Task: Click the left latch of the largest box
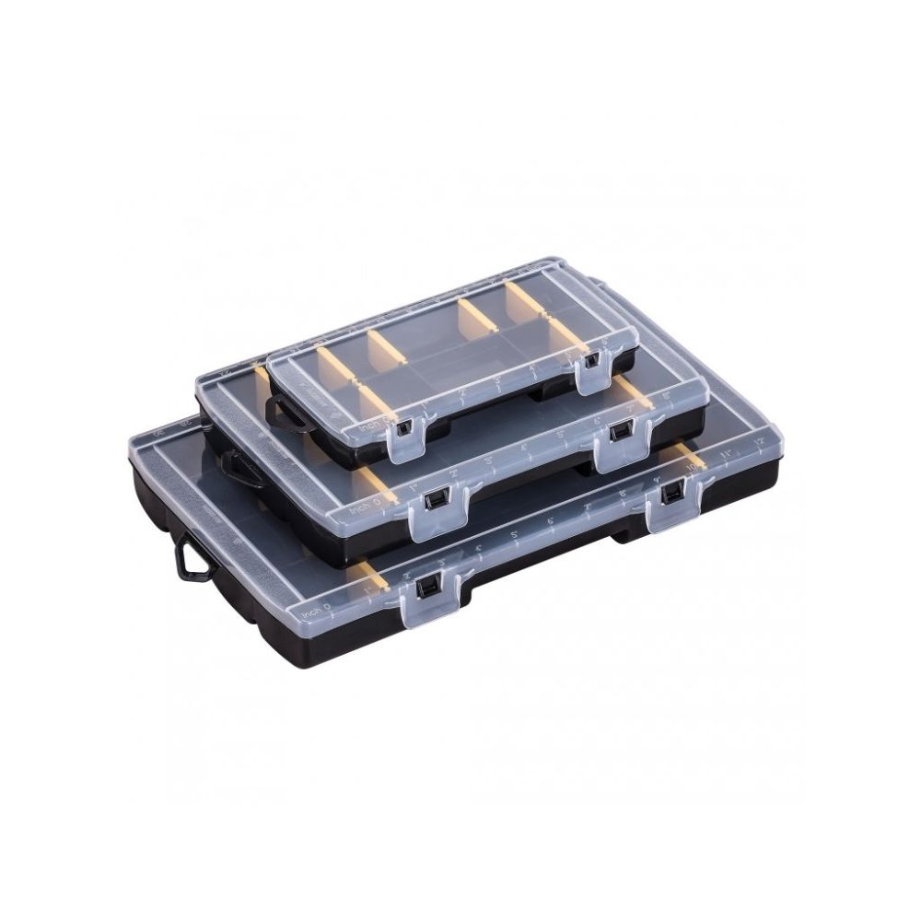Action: [x=427, y=588]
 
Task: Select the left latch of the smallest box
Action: [x=402, y=429]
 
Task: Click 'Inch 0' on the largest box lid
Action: [x=315, y=609]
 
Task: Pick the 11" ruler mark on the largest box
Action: [x=728, y=454]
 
